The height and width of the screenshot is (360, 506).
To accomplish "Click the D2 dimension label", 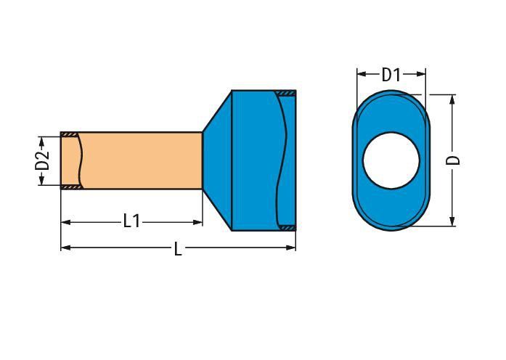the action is [42, 160].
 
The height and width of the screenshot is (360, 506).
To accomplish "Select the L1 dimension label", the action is [132, 221].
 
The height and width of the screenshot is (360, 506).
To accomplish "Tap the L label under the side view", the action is [178, 249].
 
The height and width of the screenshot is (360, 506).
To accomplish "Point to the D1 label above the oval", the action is [391, 75].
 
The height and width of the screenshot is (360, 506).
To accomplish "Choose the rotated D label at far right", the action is [453, 160].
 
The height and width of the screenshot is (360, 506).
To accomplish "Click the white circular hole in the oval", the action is [391, 160].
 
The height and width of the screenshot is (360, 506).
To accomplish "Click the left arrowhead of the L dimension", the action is [65, 247].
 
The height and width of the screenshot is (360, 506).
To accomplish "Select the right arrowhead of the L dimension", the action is [291, 247].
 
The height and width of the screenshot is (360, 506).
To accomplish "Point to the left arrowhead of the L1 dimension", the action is [65, 222].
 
